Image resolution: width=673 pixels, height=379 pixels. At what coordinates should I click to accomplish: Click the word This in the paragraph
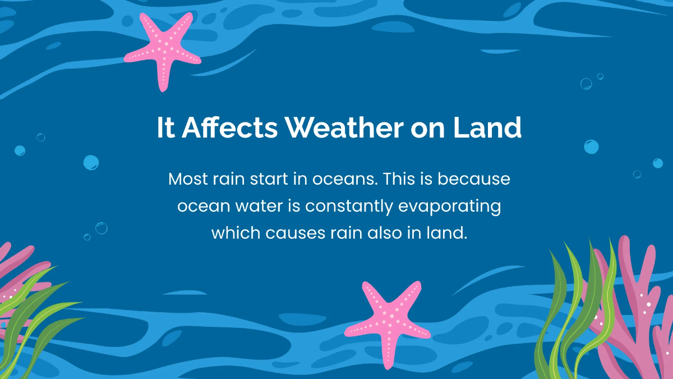click(x=404, y=180)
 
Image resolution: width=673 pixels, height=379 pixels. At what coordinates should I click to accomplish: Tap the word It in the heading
click(x=166, y=128)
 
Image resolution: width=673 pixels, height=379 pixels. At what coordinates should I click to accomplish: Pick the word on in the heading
click(x=428, y=128)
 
